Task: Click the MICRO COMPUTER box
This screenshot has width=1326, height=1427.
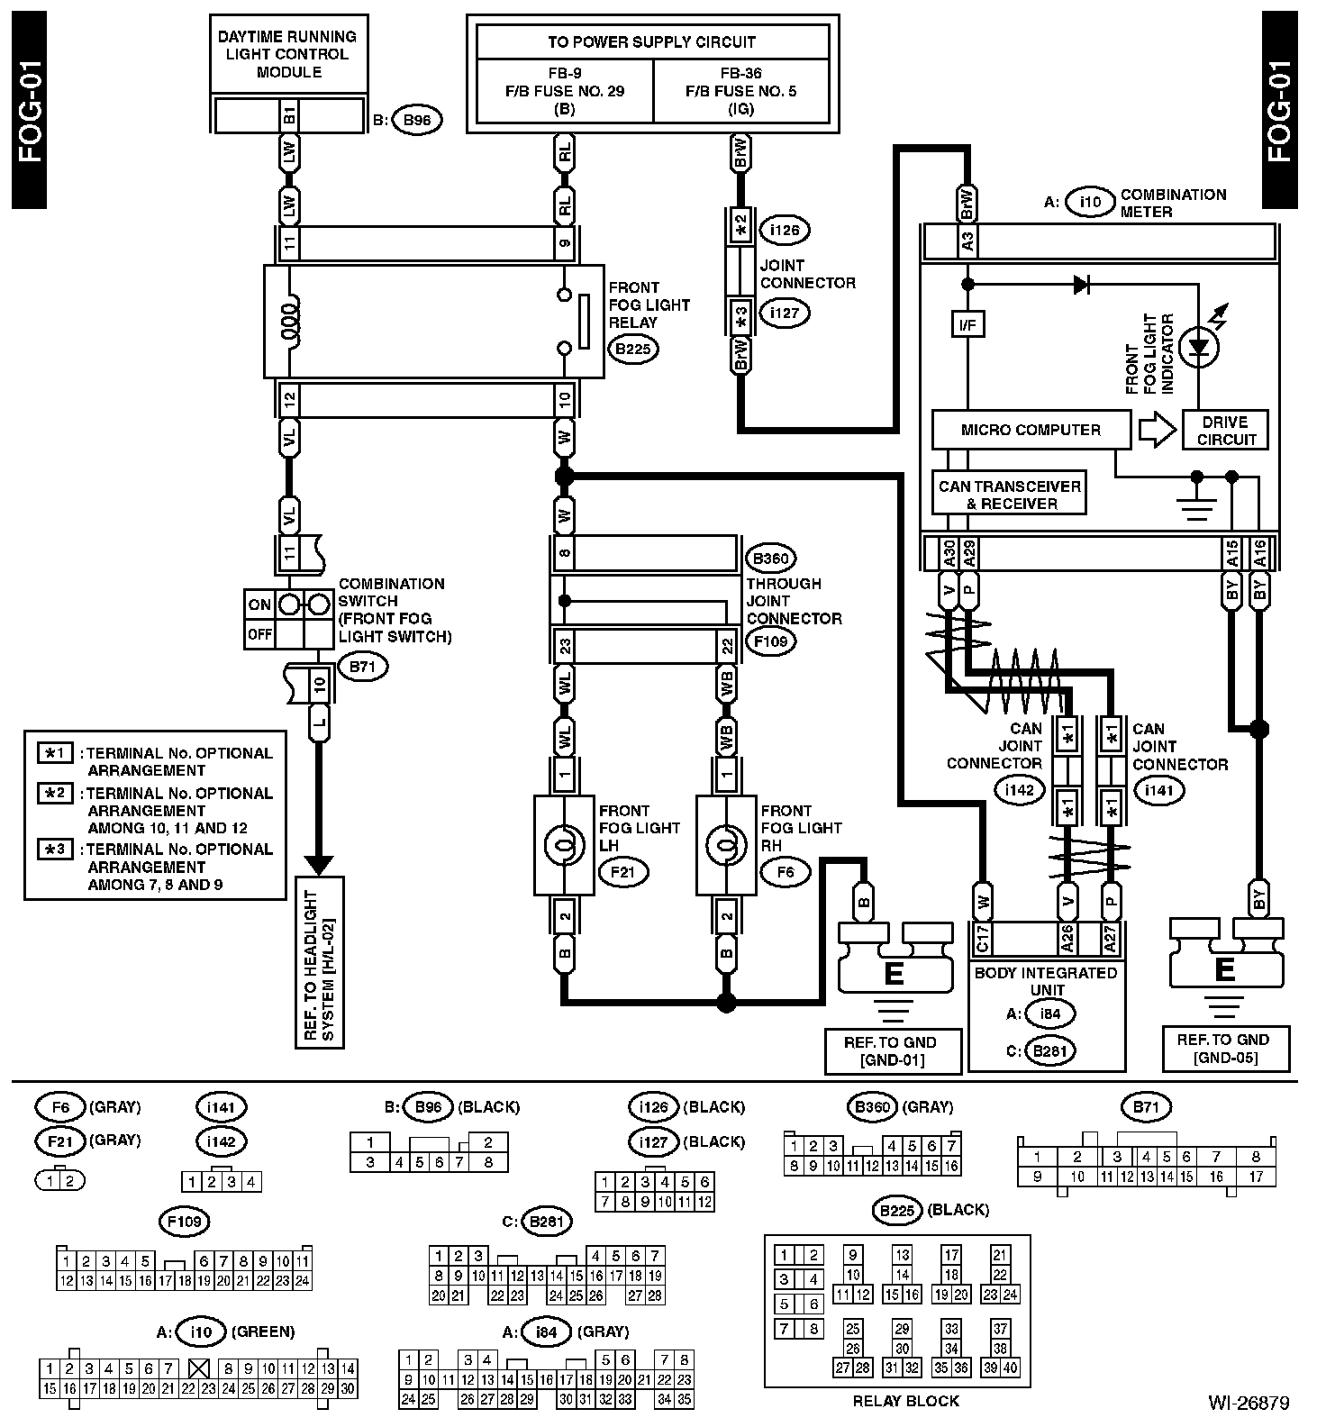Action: click(x=1031, y=430)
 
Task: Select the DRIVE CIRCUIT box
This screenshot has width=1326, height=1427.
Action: click(x=1226, y=431)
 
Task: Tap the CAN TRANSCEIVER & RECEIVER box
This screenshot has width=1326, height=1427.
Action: click(x=1009, y=494)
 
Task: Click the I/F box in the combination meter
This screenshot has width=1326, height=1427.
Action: click(x=968, y=324)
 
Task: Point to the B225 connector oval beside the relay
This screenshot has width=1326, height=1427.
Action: click(x=633, y=350)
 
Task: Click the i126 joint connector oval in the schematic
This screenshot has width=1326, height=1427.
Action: click(x=785, y=231)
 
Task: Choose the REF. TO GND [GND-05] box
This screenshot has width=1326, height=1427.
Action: click(x=1224, y=1049)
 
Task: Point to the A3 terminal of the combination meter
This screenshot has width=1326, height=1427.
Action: click(x=967, y=241)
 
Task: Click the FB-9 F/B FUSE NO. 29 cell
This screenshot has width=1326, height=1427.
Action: click(x=564, y=91)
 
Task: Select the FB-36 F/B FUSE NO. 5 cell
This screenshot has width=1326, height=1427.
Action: click(x=740, y=91)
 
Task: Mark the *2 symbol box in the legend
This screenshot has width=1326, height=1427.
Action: click(x=55, y=794)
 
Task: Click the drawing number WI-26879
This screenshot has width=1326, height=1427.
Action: click(x=1249, y=1403)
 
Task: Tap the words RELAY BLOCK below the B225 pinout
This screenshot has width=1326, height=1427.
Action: click(x=905, y=1400)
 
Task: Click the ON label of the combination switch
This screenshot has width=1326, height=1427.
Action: click(x=259, y=604)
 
